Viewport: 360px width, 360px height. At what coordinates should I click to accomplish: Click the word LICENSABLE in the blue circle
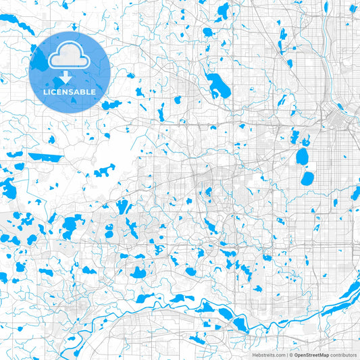tap(70, 92)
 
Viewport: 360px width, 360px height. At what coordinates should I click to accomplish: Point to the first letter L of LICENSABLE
tap(45, 92)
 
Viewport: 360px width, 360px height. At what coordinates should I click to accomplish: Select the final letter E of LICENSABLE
tap(95, 92)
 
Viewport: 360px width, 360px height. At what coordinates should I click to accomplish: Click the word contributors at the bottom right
tap(344, 354)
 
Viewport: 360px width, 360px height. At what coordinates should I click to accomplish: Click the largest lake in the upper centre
tap(218, 86)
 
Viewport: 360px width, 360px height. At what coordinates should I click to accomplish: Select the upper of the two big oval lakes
tap(302, 157)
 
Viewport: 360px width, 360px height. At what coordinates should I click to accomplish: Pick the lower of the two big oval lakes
tap(307, 179)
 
